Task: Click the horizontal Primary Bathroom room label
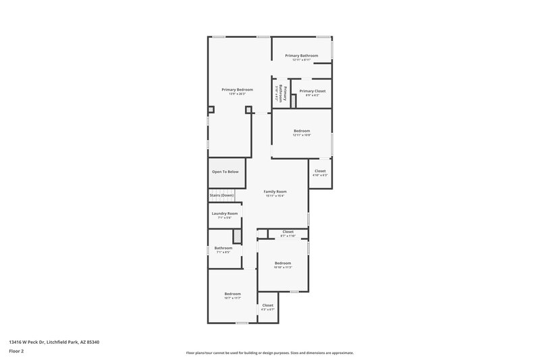point(301,55)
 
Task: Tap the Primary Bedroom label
point(237,90)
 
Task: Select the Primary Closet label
point(312,91)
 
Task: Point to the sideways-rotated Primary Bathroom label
point(285,94)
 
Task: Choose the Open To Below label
point(225,172)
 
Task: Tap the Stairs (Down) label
point(221,195)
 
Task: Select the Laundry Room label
point(224,213)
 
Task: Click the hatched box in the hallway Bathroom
point(238,236)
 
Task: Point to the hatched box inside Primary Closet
point(294,101)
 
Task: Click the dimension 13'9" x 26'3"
point(237,95)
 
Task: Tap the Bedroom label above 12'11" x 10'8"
point(302,130)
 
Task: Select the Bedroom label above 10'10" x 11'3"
point(283,263)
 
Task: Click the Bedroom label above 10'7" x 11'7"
point(232,293)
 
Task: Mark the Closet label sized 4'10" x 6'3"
point(320,171)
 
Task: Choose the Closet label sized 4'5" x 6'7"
point(268,305)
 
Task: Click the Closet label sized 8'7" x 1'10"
point(288,232)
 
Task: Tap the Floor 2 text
point(16,351)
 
